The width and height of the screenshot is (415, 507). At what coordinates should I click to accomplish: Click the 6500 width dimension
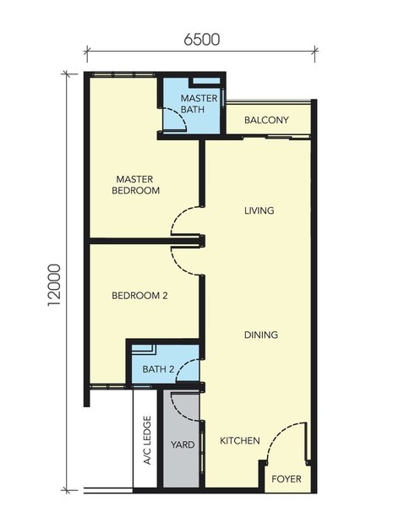coord(202,39)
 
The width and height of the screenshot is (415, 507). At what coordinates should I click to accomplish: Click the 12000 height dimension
coord(54,286)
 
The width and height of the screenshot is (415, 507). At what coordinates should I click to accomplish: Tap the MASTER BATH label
coord(199,104)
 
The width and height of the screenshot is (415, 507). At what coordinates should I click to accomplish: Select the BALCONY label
coord(266,120)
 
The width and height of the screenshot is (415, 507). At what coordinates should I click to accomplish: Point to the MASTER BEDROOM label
coord(135,184)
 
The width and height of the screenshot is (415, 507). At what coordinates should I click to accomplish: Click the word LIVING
coord(259,210)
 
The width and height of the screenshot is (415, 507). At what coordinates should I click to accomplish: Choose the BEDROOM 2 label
coord(139,296)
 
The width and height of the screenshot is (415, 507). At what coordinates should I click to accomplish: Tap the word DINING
coord(260,335)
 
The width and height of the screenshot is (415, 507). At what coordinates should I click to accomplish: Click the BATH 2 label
coord(159,369)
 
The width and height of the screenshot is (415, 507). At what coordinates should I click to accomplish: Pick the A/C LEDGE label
coord(147,440)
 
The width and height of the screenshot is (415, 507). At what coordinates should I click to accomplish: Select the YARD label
coord(183,444)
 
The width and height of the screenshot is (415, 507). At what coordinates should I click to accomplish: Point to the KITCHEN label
coord(240,441)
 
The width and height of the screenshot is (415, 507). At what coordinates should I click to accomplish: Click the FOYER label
coord(287,479)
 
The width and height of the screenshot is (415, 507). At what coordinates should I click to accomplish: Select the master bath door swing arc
coord(181,114)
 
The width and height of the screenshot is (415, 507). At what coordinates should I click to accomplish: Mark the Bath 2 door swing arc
coord(181,365)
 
